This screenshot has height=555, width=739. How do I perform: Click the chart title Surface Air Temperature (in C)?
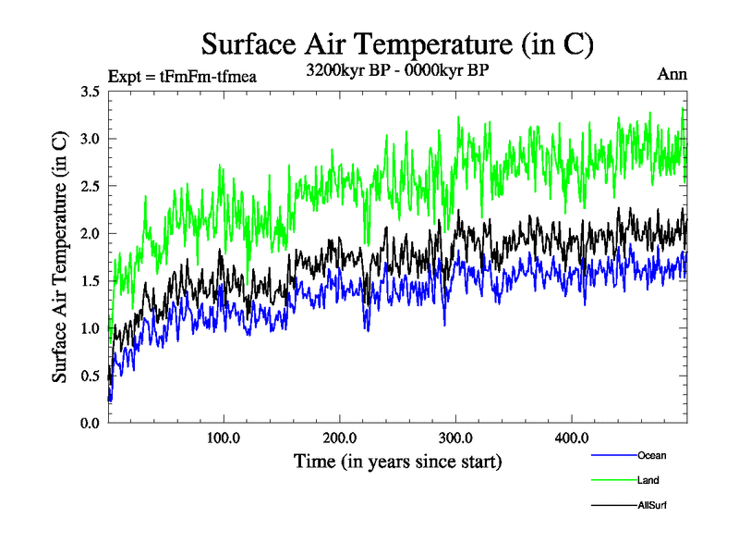point(397,43)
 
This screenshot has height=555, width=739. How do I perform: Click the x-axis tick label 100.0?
point(224,438)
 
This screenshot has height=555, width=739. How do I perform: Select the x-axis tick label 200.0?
point(340,438)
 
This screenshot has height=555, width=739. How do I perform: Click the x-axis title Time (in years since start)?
point(397,461)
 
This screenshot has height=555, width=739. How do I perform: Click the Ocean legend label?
point(651,455)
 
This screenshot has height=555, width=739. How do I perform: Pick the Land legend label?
point(648,480)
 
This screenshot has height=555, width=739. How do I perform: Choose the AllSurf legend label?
point(651,505)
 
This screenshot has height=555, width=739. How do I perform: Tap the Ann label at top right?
point(672,74)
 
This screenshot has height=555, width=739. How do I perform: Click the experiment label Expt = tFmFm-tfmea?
point(182,76)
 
